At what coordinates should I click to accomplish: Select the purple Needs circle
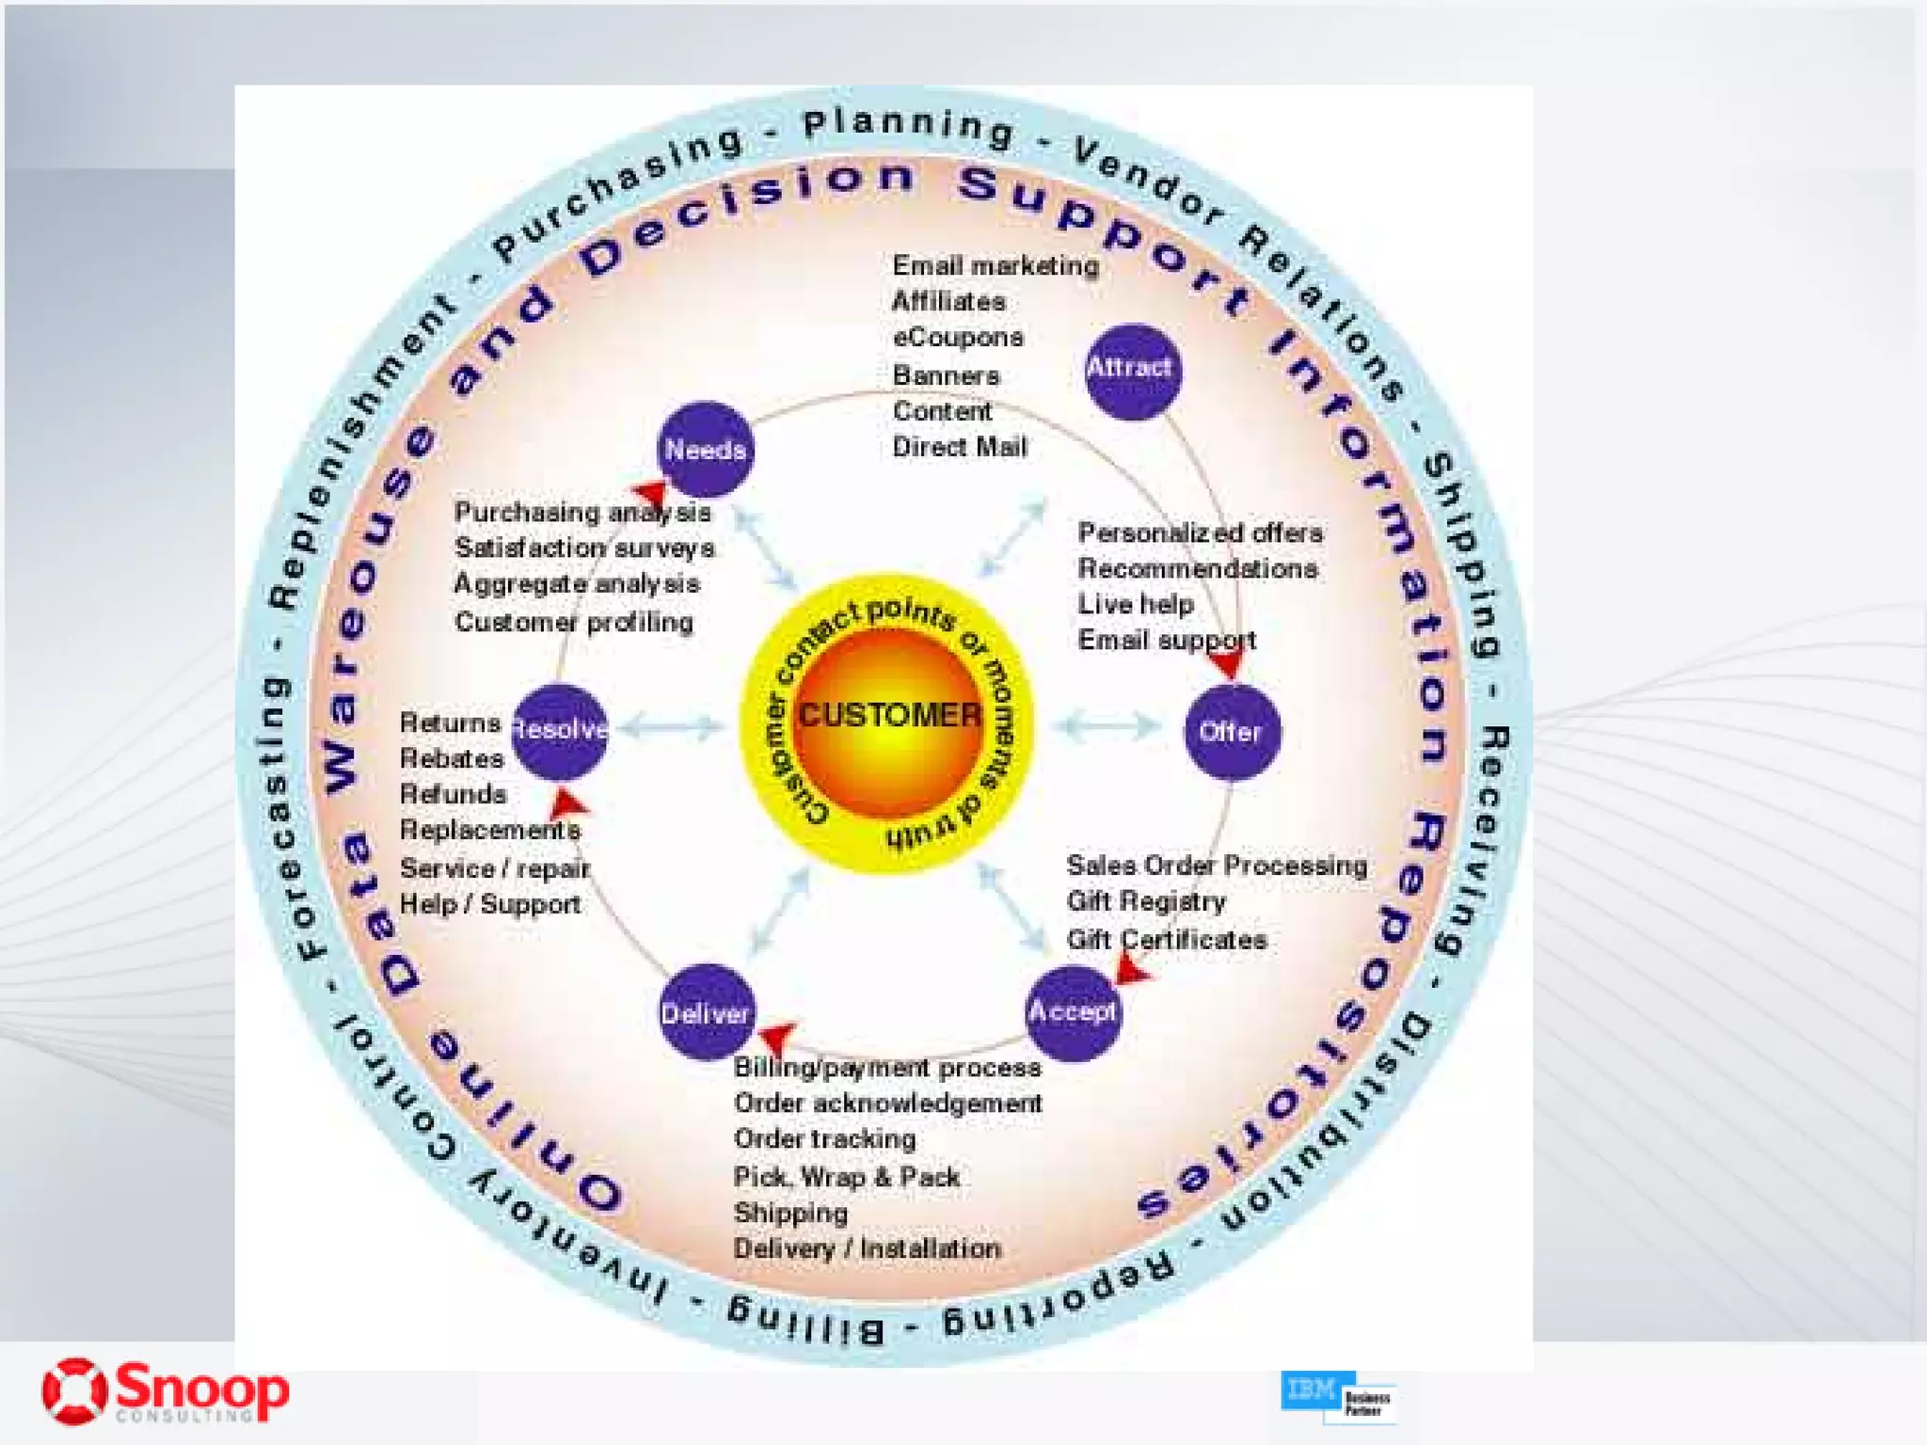(x=705, y=450)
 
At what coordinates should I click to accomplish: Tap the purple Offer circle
(x=1231, y=732)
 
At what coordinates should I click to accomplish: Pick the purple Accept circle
(x=1073, y=1012)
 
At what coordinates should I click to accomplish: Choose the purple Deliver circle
(x=705, y=1013)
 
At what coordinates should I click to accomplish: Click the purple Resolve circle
(x=560, y=730)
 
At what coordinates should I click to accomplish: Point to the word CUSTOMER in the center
(x=889, y=716)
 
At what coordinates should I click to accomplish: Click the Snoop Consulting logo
(x=166, y=1391)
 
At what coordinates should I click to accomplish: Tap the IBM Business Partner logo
(x=1337, y=1396)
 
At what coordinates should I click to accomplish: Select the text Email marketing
(x=995, y=266)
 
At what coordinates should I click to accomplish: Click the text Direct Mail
(x=959, y=447)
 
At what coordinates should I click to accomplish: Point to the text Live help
(x=1136, y=604)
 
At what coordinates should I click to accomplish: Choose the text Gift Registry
(x=1145, y=901)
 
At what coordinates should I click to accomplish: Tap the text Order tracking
(x=824, y=1139)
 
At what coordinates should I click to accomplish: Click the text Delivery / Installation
(x=867, y=1248)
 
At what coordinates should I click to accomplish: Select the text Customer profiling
(x=573, y=622)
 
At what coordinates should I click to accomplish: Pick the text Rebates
(x=452, y=758)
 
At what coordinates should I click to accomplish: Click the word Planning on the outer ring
(x=908, y=127)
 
